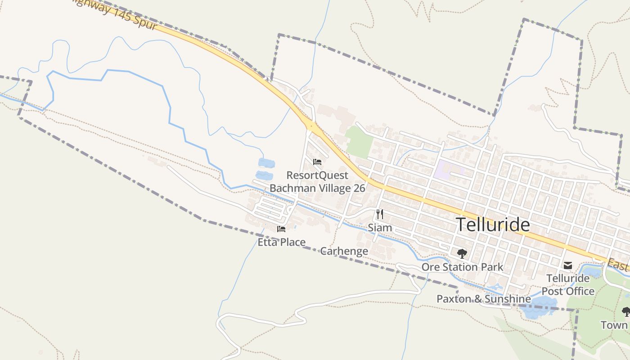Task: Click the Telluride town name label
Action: pos(493,225)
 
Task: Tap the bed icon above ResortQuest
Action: pos(317,162)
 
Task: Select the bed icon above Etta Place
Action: pos(281,229)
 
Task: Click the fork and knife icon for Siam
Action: pos(380,214)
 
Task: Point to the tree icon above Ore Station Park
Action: pos(462,254)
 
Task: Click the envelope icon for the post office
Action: pos(568,265)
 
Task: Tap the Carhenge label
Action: pos(344,251)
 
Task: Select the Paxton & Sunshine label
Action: pos(484,299)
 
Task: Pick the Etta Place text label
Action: pos(281,242)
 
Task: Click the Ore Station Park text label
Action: pos(462,267)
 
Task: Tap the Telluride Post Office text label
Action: pos(568,285)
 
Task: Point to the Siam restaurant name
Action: pos(380,228)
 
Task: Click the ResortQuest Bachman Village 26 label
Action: pos(317,181)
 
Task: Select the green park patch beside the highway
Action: pos(359,141)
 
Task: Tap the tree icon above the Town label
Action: pos(625,311)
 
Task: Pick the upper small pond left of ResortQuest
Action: pos(265,163)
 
